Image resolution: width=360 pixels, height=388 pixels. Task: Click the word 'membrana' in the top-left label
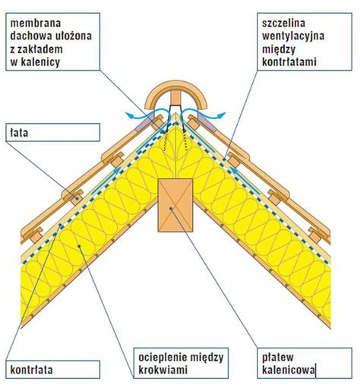pos(36,24)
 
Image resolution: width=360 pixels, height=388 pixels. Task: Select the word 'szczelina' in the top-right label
pos(283,24)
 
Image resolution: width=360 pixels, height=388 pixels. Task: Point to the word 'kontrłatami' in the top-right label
pos(289,62)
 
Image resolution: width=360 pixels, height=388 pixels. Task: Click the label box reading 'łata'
pos(52,132)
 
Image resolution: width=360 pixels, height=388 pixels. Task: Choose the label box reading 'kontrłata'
pos(52,370)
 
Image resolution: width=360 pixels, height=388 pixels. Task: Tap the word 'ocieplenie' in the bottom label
pos(160,358)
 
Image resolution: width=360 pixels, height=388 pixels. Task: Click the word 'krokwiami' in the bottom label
pos(163,370)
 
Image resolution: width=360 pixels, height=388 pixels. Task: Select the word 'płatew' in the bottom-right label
pos(278,358)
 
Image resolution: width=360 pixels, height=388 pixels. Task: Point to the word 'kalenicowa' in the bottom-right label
pos(289,370)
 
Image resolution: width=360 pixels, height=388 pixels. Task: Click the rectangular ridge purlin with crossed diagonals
pos(175,205)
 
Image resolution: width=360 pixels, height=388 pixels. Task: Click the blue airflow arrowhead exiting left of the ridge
pos(130,115)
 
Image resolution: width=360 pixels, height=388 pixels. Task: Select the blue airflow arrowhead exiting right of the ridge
pos(221,115)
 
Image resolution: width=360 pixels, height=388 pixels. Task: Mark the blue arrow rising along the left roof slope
pos(106,181)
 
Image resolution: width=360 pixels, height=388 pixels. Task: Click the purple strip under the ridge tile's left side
pos(144,121)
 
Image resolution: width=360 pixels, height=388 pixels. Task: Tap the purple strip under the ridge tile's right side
pos(207,122)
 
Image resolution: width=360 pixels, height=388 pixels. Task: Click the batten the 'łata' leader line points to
pos(76,198)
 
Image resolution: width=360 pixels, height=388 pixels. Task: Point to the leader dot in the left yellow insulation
pos(79,246)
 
